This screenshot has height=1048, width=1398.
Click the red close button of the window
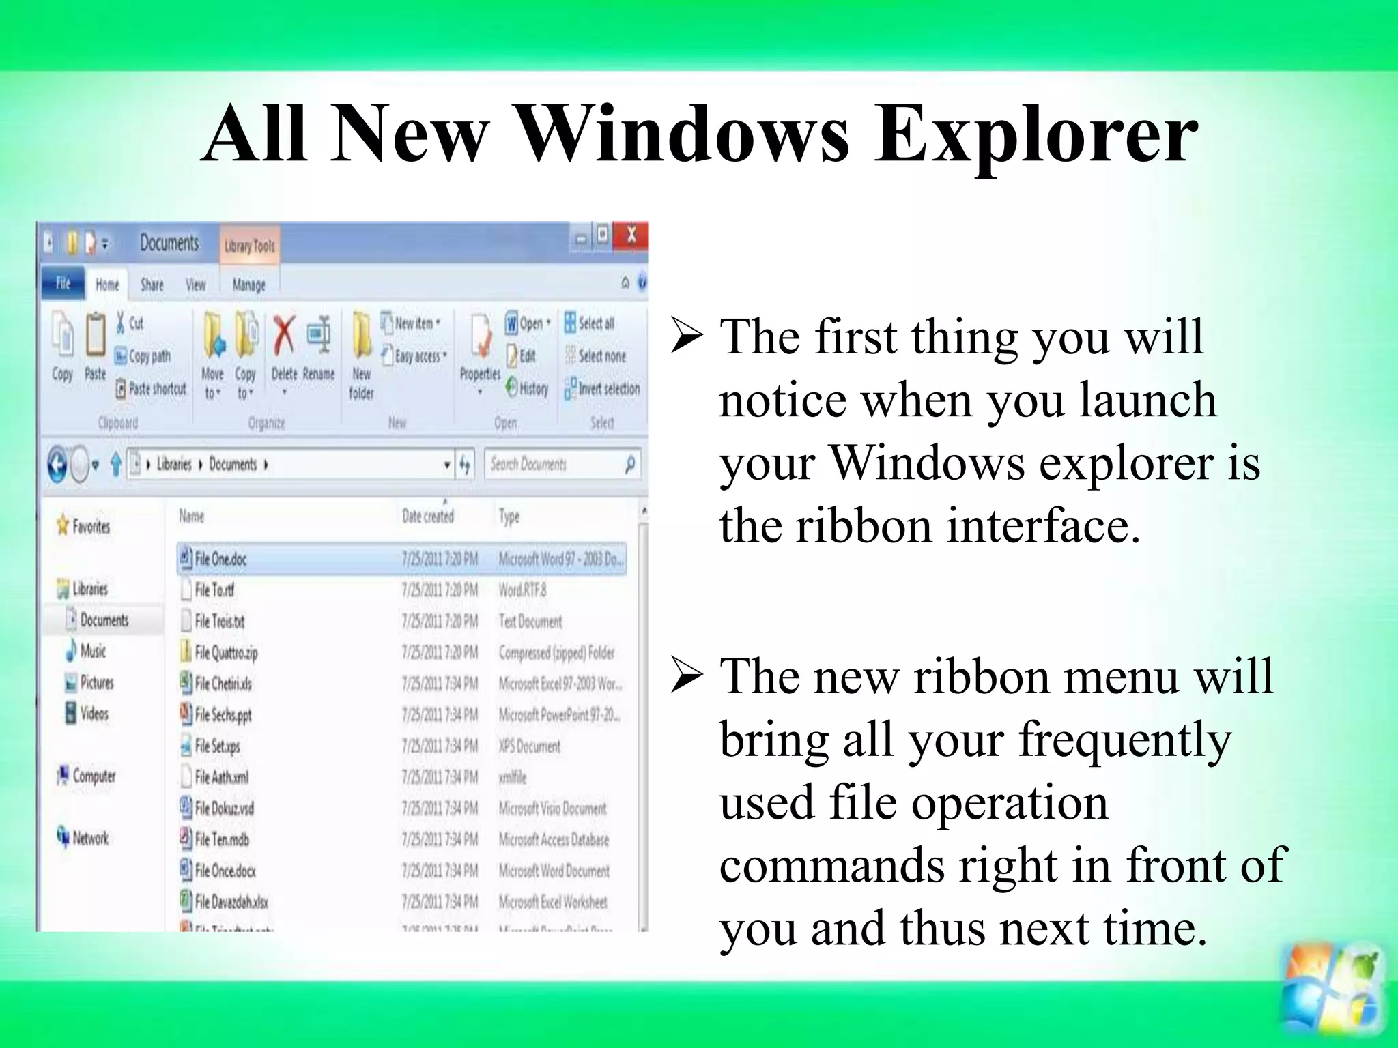tap(631, 235)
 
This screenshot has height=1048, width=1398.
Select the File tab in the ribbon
tap(63, 283)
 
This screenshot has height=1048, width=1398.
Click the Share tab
tap(152, 285)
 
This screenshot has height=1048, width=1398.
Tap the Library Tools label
tap(249, 246)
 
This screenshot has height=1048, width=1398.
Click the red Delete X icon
tap(284, 336)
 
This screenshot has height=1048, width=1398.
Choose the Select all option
tap(589, 323)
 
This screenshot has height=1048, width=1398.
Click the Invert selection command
tap(602, 389)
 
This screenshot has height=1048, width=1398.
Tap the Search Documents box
tap(554, 465)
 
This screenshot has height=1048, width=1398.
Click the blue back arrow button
tap(57, 465)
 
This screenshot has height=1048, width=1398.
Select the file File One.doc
tap(220, 559)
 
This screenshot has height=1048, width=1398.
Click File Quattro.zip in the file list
tap(226, 653)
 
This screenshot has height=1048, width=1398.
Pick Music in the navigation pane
tap(92, 651)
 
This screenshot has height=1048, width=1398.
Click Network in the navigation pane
tap(89, 838)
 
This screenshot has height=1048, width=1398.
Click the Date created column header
tap(427, 516)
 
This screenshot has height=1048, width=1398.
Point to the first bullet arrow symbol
tap(687, 336)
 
